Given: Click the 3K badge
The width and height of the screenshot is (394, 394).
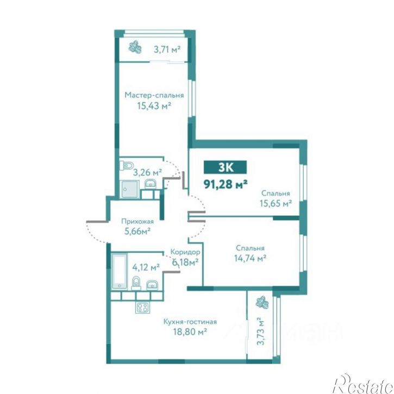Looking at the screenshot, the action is coord(225,167).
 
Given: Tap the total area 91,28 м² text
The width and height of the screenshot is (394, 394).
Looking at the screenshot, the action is coord(226,184).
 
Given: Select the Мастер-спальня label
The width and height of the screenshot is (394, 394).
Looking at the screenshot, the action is coord(154,95).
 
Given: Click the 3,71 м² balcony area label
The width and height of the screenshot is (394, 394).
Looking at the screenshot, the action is coord(167,49).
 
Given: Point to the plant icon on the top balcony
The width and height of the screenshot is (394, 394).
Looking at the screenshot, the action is coord(135,47).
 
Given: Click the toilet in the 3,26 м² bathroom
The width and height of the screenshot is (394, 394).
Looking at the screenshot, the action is coord(127,165).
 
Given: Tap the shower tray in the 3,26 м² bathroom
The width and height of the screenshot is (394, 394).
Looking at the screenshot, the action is coord(130,189).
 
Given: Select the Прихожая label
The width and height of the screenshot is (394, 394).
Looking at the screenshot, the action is coord(137,222).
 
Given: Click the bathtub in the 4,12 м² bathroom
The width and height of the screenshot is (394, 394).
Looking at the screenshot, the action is coord(120,271).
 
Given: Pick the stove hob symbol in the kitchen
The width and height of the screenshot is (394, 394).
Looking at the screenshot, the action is coord(143,307).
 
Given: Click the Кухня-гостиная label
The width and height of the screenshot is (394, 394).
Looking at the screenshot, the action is coord(190,322).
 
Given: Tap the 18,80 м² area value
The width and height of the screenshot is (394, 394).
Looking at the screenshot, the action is coord(190,332).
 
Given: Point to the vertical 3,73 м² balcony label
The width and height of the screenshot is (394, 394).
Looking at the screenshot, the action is coord(261,331).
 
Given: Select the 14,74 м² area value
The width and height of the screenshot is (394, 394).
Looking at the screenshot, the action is coord(251,258).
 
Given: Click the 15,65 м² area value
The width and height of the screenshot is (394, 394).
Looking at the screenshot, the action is coord(276,203).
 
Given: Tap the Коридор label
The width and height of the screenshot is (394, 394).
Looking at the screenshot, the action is coord(185,252).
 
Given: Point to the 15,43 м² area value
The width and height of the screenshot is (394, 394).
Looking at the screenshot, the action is coord(154,106).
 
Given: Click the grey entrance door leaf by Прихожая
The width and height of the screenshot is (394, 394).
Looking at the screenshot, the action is coord(97,222).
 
